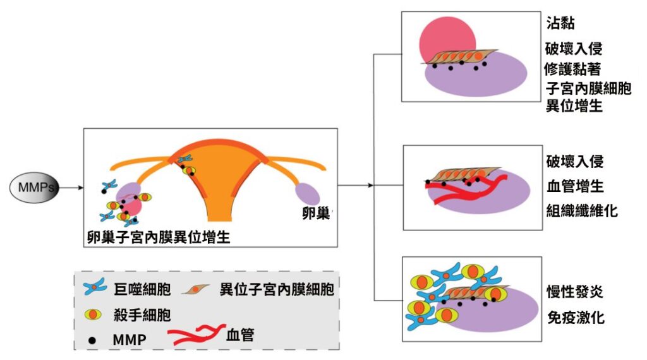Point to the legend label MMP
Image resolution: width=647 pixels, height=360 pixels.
point(129,339)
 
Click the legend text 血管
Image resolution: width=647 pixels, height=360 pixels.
point(240,334)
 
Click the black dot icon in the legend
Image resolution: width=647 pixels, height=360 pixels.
point(94,340)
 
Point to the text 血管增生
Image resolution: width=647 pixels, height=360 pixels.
point(574,186)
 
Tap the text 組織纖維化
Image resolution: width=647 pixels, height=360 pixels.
point(581,210)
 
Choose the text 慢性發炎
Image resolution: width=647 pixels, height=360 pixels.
point(574,292)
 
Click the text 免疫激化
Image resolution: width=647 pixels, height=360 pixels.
point(574,316)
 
